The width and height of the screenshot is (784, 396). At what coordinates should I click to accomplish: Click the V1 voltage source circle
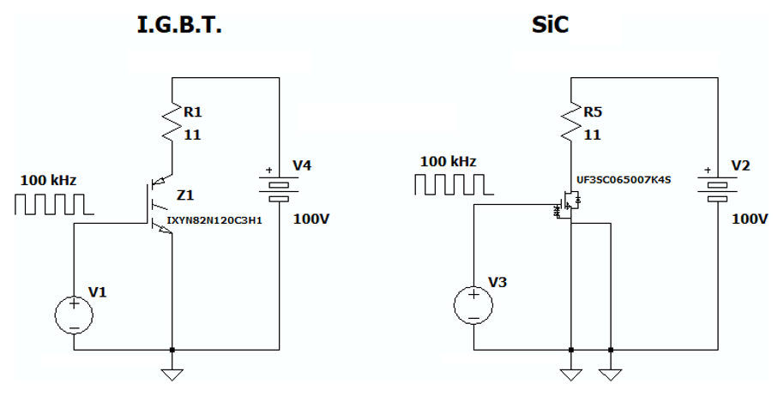(74, 314)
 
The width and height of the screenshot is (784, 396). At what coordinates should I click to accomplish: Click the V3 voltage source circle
(473, 306)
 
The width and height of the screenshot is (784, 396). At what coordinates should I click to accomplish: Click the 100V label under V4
(311, 219)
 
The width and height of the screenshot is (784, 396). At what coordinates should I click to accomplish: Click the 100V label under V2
(751, 219)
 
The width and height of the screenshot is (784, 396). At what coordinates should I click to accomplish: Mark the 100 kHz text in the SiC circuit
(449, 161)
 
